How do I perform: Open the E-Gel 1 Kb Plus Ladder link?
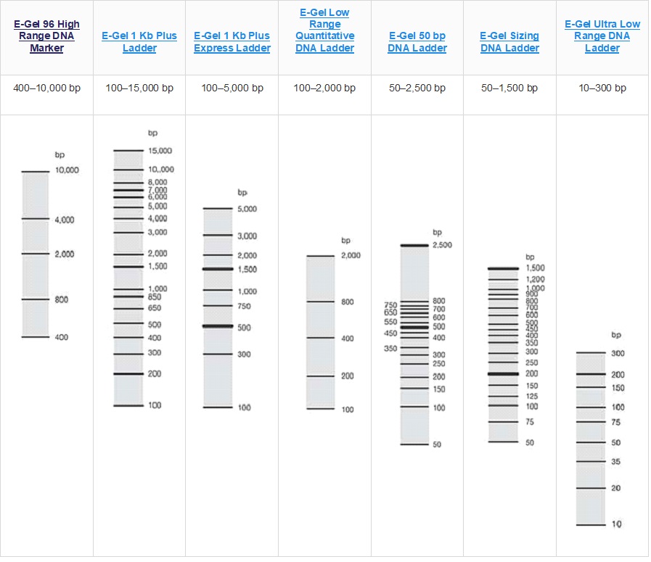(139, 42)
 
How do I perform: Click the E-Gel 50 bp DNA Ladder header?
(417, 42)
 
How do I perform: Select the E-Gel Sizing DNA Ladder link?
(509, 42)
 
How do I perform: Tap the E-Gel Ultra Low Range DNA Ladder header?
(602, 36)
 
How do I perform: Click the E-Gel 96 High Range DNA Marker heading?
(47, 36)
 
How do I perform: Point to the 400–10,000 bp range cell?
(47, 88)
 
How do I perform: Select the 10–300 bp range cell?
(602, 88)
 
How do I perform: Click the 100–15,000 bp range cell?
(139, 88)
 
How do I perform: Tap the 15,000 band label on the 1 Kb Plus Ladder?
(160, 151)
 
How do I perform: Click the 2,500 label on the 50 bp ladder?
(442, 245)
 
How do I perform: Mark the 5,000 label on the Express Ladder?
(247, 209)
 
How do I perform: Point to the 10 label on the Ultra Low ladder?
(616, 524)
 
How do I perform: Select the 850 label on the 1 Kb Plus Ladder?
(155, 297)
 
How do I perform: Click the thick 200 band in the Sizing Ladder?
(503, 374)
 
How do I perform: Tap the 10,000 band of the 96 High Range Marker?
(35, 172)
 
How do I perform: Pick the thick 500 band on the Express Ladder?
(217, 326)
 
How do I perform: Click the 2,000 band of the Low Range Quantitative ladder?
(320, 256)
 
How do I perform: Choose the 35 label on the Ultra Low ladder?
(615, 462)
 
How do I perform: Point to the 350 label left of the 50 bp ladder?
(390, 349)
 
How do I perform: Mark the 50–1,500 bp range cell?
(509, 88)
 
